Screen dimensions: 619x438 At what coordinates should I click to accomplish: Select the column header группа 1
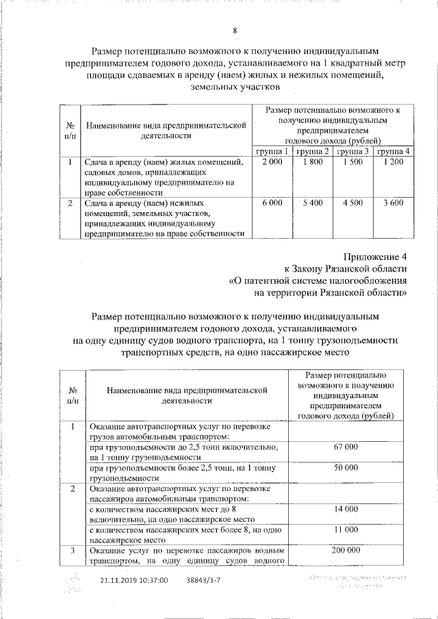pos(272,150)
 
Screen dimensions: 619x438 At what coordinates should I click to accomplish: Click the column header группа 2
pos(313,150)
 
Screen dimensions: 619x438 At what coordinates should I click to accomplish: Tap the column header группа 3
pos(353,150)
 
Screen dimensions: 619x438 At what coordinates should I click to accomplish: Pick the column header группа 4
pos(394,150)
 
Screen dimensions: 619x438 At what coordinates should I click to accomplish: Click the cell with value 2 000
pos(272,162)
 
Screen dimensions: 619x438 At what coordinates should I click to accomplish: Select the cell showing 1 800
pos(313,162)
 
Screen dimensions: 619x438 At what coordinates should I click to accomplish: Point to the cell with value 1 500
pos(353,162)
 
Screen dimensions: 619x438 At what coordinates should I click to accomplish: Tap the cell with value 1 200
pos(394,162)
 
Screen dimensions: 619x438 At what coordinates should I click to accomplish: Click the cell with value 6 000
pos(272,203)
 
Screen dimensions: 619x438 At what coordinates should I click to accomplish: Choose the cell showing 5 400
pos(313,203)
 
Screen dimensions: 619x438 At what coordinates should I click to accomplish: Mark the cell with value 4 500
pos(353,203)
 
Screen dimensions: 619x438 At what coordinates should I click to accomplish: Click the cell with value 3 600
pos(394,203)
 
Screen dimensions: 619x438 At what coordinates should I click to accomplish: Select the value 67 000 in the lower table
pos(346,447)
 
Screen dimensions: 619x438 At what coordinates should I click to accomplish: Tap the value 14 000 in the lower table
pos(346,509)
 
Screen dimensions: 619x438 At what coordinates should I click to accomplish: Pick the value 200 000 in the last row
pos(346,550)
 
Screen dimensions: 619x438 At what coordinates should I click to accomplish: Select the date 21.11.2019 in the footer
pos(111,579)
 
